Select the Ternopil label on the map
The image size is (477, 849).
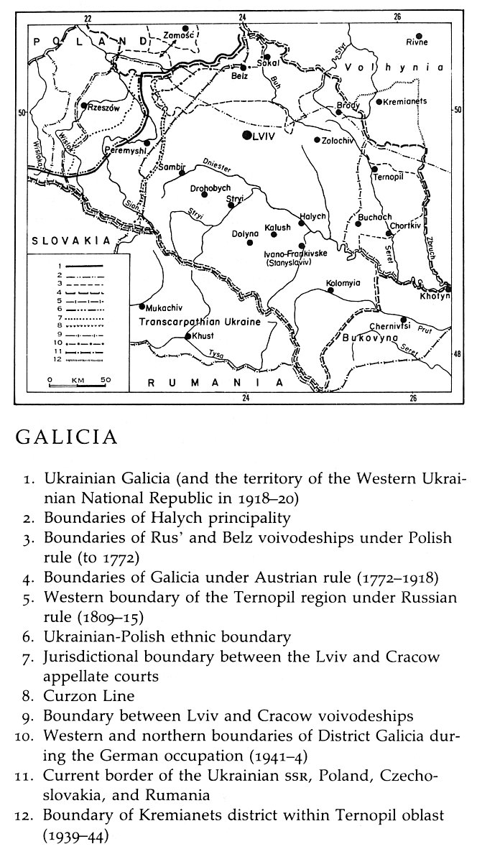[x=389, y=178]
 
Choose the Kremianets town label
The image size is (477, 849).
[x=405, y=101]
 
